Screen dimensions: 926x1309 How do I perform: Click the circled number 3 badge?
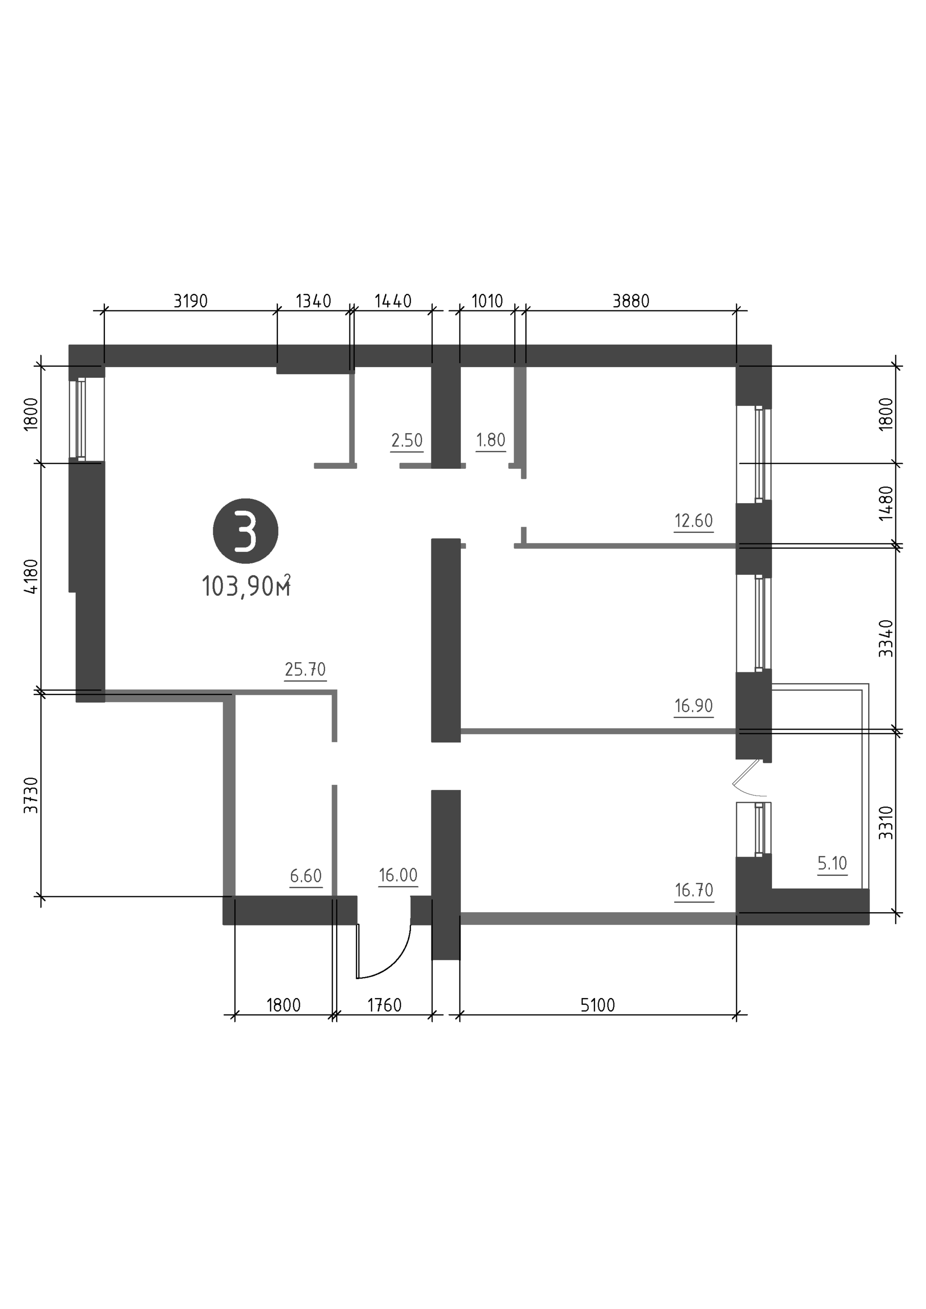click(246, 531)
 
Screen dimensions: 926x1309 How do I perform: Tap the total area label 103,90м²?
click(247, 585)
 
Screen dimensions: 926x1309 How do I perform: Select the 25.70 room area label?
click(305, 669)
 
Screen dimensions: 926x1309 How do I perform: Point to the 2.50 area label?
click(407, 440)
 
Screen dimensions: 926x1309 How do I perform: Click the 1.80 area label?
click(491, 440)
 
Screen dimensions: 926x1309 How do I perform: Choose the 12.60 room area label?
click(694, 521)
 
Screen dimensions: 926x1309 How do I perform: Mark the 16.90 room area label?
click(694, 706)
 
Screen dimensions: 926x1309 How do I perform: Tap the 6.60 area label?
click(306, 876)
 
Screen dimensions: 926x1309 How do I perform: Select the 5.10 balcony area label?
click(832, 863)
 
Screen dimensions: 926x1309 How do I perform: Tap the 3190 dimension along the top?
click(190, 301)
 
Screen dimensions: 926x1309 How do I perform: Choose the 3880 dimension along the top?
click(631, 301)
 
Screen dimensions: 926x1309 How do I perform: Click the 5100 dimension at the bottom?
click(598, 1005)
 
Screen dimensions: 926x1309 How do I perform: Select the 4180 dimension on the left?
click(31, 576)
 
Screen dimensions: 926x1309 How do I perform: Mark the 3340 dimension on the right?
click(886, 639)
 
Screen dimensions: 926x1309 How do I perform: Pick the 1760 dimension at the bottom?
click(385, 1005)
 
